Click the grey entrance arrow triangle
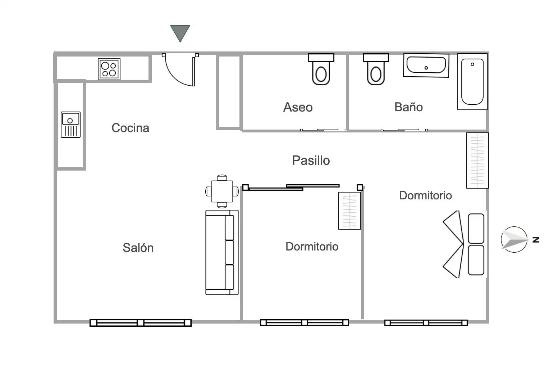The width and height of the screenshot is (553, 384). click(180, 32)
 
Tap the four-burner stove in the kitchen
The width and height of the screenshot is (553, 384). click(109, 69)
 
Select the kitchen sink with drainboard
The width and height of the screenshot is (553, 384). click(70, 125)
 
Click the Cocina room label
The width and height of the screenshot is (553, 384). click(131, 128)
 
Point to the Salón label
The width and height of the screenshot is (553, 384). click(138, 247)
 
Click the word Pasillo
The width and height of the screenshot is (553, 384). click(311, 161)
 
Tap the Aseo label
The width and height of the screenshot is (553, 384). click(298, 107)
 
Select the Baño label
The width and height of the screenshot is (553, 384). click(408, 107)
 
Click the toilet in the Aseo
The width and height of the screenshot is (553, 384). click(321, 69)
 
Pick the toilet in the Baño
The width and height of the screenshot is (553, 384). click(376, 69)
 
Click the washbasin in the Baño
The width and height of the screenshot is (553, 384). click(426, 65)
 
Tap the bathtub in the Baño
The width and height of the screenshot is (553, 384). click(472, 82)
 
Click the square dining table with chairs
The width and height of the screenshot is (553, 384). click(222, 191)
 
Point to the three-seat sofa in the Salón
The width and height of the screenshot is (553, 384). click(222, 252)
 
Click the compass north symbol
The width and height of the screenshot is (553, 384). click(515, 239)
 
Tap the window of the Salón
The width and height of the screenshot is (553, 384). click(141, 323)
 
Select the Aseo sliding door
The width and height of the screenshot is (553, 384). click(324, 130)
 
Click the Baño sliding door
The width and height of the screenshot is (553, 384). click(404, 130)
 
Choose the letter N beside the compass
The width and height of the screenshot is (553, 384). click(536, 239)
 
